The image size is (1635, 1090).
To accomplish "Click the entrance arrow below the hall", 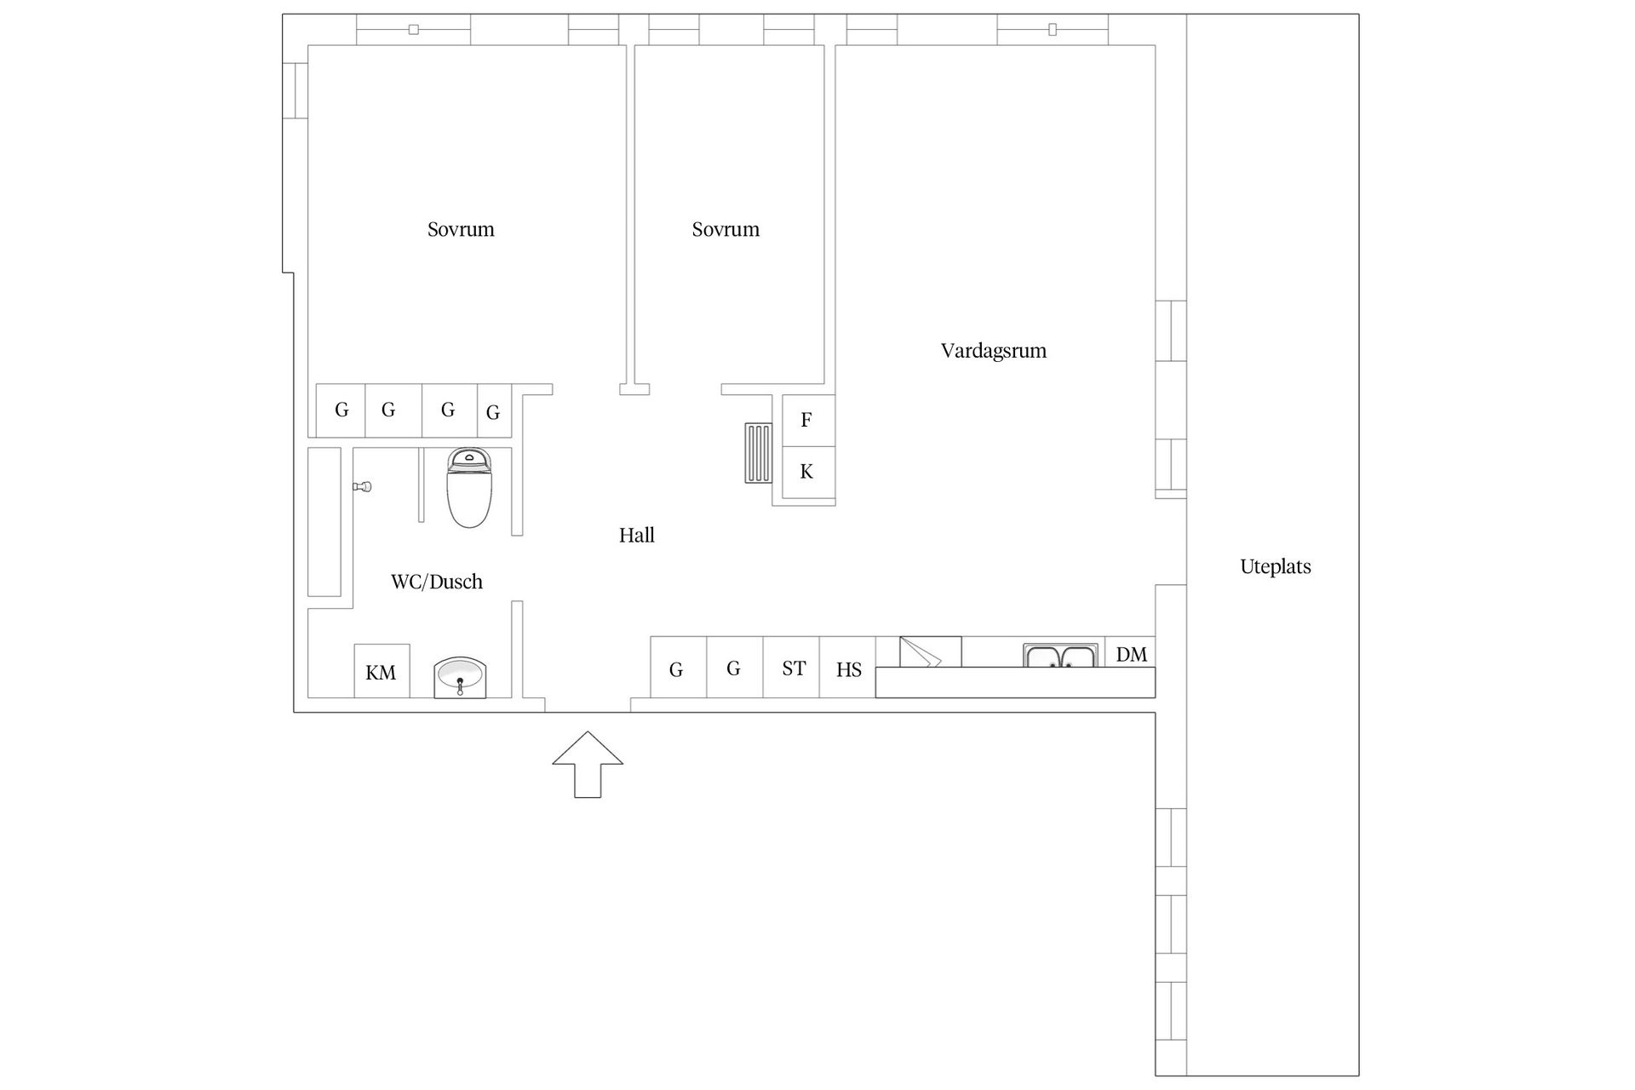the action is coord(588,764).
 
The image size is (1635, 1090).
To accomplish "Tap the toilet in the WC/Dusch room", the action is coord(469,488).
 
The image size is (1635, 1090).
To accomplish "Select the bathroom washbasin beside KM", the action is coord(460,678).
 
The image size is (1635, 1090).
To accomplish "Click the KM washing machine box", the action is coord(381,671).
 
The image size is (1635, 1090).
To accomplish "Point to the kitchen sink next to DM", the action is coord(1060,656).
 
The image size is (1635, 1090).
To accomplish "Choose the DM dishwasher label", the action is coord(1131,654).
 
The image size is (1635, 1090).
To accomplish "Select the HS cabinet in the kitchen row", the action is coord(847,668).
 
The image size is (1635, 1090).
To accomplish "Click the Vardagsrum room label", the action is coord(994,351).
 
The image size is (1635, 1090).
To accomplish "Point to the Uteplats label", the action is coord(1276,566).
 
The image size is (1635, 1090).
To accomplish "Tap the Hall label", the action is coord(637,535).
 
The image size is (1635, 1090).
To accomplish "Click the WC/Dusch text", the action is coord(437,582).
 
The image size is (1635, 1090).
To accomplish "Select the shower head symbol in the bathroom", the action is coord(363,487).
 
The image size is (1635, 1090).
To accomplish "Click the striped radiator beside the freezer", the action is coord(759,453).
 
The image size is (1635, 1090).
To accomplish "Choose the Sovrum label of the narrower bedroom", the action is coord(726,229).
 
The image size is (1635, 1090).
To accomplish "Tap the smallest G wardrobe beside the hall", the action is coord(494,411).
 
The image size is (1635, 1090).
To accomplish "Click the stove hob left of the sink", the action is coord(931,651).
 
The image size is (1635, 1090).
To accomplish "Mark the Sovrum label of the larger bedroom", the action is coord(461,229).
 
